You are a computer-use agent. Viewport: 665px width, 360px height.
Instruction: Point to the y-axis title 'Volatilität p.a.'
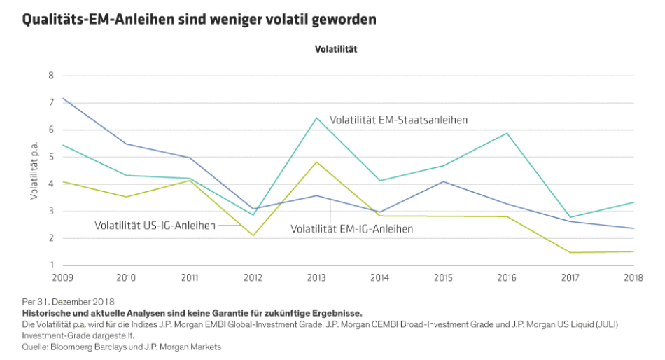[33, 171]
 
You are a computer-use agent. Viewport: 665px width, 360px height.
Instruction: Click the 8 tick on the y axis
[51, 76]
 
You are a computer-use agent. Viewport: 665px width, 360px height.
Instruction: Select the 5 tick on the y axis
[51, 157]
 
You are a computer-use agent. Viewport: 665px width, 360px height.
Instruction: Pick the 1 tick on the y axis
[51, 265]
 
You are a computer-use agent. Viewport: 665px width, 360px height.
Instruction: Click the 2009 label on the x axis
[63, 279]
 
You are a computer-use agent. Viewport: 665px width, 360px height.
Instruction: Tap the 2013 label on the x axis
[316, 279]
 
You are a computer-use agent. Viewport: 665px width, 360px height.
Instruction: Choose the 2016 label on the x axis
[507, 279]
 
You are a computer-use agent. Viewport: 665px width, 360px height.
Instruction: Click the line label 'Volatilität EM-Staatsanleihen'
[398, 120]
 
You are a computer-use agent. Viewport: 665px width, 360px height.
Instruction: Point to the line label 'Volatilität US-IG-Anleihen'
[155, 226]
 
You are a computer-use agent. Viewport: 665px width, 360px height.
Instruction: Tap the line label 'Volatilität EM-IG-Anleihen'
[351, 228]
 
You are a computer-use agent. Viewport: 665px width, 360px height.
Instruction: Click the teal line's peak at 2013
[316, 118]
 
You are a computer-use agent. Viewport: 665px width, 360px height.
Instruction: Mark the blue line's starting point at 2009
[64, 98]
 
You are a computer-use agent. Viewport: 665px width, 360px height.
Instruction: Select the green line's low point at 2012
[253, 235]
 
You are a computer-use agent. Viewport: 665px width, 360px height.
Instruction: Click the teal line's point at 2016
[507, 133]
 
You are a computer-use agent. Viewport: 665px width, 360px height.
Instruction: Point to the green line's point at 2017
[570, 252]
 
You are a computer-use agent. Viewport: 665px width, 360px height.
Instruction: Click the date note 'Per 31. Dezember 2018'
[68, 302]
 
